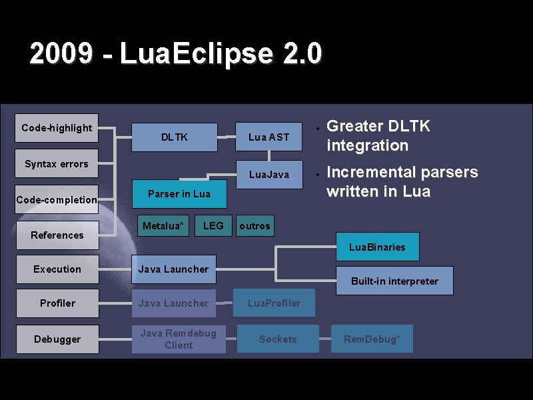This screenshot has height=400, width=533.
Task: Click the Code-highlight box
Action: point(57,128)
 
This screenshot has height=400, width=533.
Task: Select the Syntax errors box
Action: point(57,164)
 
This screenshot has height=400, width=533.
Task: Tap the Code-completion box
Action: point(57,199)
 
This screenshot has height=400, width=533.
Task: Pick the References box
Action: point(57,235)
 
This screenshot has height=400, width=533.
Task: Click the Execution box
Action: point(57,269)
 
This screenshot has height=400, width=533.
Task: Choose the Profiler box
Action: point(57,303)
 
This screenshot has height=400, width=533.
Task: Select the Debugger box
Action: point(57,339)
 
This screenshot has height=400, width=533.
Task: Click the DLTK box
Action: point(175,137)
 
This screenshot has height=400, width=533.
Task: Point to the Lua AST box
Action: point(268,137)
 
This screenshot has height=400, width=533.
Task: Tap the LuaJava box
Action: point(268,175)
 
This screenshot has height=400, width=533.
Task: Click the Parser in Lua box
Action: point(179,193)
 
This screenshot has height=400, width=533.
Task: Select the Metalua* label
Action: point(163,226)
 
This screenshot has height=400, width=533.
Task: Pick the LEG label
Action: point(213,226)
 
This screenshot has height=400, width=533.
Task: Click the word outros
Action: point(255,226)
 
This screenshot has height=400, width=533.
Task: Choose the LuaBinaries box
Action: point(377,247)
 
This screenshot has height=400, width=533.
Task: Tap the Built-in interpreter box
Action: point(394,281)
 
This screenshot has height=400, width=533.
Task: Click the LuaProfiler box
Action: point(274,303)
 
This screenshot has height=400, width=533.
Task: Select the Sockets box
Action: point(278,339)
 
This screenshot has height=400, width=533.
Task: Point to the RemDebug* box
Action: point(372,339)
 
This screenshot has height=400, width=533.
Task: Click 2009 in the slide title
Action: point(61,54)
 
